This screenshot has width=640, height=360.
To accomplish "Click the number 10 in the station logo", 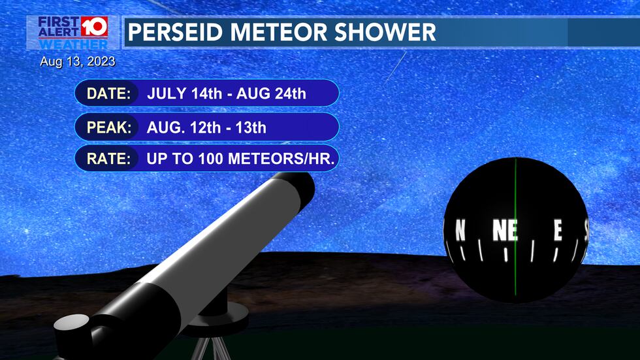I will point(93,27).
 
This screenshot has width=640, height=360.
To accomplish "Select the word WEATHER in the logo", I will point(73,44).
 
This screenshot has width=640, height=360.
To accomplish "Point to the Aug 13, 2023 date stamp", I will point(77,62).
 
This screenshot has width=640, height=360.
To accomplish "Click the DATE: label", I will point(108,93).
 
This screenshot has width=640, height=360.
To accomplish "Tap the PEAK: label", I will point(108,127).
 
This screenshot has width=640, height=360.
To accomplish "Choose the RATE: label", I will point(108,158).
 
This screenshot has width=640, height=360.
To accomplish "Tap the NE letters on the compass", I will point(505,231).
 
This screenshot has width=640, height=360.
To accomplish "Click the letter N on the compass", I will point(460,231).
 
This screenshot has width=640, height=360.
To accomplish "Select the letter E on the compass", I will point(558,231).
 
